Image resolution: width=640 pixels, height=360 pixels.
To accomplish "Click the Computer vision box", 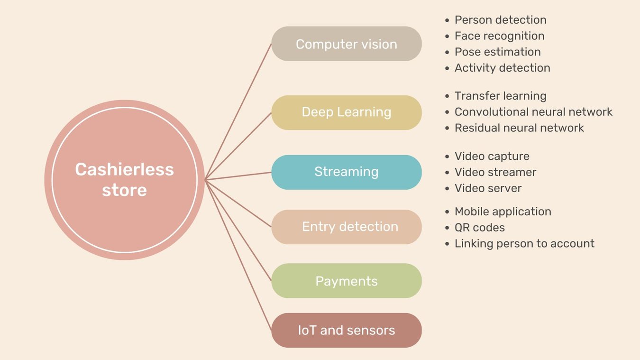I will [346, 44].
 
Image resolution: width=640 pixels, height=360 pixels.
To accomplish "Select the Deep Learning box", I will [346, 112].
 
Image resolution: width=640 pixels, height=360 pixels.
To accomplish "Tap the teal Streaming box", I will [346, 172].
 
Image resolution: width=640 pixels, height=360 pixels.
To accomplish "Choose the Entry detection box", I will [346, 227].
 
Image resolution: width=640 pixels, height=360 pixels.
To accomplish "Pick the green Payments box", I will [346, 281].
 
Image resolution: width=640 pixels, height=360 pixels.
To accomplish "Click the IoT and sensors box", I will [346, 330].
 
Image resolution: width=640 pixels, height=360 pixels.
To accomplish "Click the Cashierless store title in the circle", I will [124, 180].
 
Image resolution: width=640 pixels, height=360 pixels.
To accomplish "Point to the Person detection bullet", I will [500, 20].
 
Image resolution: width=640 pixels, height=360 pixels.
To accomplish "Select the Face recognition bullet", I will [499, 36].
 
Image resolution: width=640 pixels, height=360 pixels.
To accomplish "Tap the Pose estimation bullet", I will [497, 52].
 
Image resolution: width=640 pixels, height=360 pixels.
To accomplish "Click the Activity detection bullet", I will [502, 68].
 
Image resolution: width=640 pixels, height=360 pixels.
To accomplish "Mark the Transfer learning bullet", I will [500, 96].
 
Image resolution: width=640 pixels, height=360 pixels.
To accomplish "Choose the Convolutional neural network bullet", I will [533, 112].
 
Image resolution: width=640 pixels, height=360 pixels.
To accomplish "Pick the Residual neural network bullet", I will [519, 128].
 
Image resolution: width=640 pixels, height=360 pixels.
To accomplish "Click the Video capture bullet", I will [492, 156].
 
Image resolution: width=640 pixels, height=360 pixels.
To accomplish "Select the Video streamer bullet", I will [495, 172].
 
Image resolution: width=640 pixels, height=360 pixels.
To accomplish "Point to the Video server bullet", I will [488, 188].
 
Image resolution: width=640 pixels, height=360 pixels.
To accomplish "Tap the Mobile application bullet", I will [503, 212].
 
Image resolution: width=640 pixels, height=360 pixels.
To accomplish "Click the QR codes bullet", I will [479, 228].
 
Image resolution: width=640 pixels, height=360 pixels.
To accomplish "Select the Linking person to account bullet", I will [524, 244].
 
